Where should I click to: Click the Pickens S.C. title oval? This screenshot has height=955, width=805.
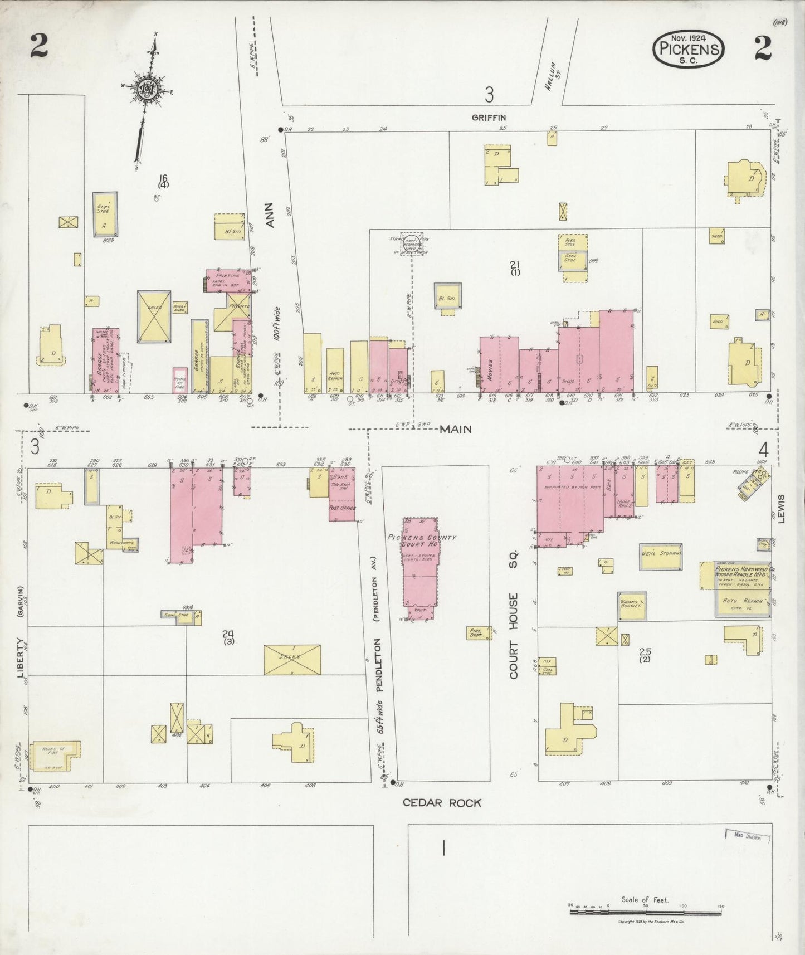pos(689,48)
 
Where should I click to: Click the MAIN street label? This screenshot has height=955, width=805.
pos(456,429)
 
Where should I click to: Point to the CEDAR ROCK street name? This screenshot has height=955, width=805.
pos(442,803)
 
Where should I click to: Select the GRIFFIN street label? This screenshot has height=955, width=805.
pos(489,118)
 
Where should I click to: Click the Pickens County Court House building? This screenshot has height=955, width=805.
pos(421,563)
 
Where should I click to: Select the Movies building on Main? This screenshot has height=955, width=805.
pos(489,365)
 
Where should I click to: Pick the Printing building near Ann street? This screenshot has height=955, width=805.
pos(228,280)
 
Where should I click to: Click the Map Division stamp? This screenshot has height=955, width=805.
pos(748,837)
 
